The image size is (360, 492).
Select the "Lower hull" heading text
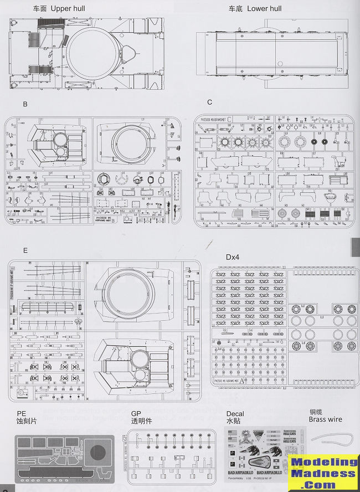264,9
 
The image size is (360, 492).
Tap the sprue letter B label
25,104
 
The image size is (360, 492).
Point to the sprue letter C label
209,102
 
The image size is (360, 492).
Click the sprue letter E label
25,250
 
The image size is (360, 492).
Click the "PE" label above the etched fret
22,413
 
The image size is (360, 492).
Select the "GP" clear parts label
136,413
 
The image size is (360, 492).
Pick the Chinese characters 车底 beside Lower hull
235,9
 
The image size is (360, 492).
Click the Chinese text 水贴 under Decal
234,421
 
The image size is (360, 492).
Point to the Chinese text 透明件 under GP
141,421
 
